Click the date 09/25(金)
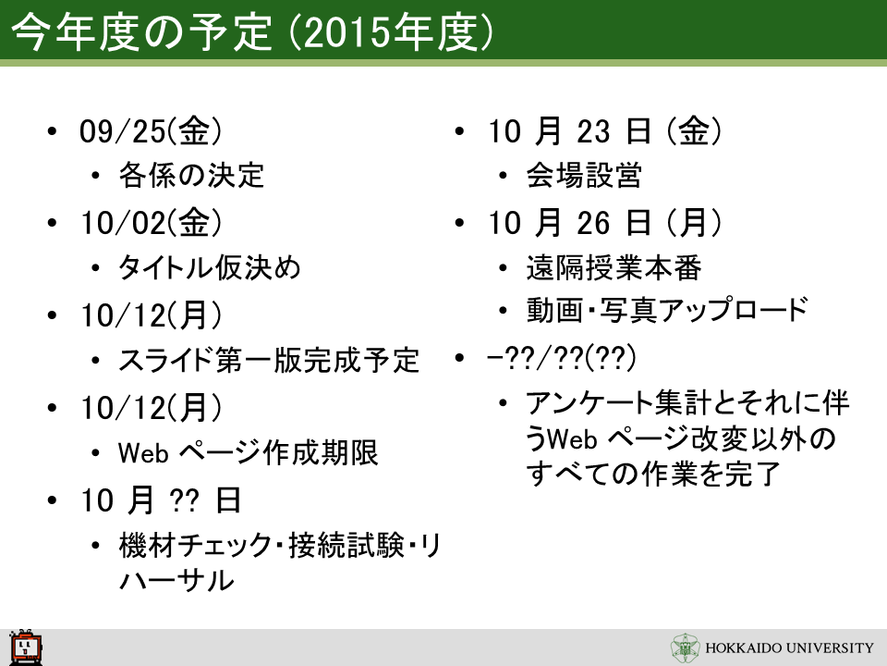click(x=151, y=130)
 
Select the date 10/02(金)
click(x=151, y=223)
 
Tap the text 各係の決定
click(x=191, y=175)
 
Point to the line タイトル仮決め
click(x=210, y=266)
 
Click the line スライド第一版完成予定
click(x=269, y=360)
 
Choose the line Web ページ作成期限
click(x=248, y=452)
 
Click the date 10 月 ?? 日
click(x=161, y=500)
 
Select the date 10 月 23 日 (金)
click(x=604, y=130)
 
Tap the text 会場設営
click(x=584, y=175)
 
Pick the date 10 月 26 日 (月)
click(x=604, y=223)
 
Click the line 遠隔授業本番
click(x=614, y=266)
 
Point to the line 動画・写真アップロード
click(x=667, y=310)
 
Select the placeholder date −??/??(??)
click(x=561, y=357)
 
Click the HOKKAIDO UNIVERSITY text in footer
click(x=789, y=647)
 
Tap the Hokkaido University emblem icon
click(x=685, y=647)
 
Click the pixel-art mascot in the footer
click(x=26, y=647)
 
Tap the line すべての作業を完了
click(x=653, y=474)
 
